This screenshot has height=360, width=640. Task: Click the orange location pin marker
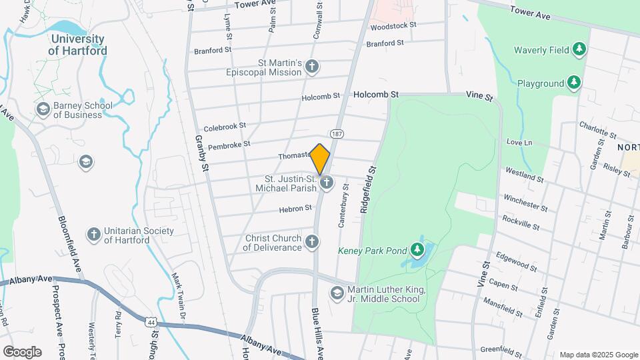pos(320,159)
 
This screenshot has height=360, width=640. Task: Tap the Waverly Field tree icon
pos(580,49)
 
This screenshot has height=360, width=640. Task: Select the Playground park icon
pos(573,83)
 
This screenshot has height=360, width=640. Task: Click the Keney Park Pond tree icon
pos(418,249)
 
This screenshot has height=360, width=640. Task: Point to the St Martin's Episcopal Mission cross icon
pos(311,66)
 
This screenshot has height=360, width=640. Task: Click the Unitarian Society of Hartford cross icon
pos(94,234)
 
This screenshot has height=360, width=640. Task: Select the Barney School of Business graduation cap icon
pos(43,109)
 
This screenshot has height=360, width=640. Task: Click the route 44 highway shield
pos(150,321)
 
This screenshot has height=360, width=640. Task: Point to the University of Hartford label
pos(78,45)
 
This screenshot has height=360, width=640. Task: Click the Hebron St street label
pos(295,209)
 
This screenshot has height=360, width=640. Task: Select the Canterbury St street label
pos(344,206)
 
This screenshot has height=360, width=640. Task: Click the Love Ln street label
pos(519,142)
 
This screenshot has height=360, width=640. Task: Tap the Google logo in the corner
pos(22,351)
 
